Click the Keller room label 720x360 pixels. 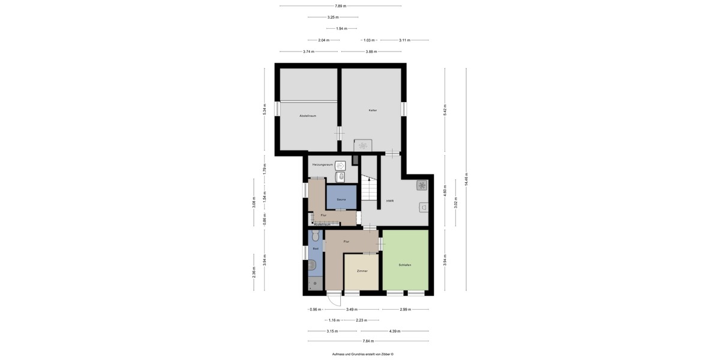tap(373, 110)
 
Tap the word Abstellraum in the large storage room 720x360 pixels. tap(308, 115)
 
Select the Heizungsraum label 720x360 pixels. tap(322, 164)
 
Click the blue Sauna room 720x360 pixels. tap(341, 199)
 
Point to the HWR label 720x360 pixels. tap(389, 201)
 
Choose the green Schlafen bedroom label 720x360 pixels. tap(404, 265)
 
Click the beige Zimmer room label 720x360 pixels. tap(362, 271)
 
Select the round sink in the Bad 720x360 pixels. tap(311, 264)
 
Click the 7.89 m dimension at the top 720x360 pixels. tap(340, 6)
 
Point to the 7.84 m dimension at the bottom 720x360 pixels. tap(368, 341)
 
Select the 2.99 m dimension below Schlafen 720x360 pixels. tap(406, 310)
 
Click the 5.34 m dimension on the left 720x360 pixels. tap(264, 110)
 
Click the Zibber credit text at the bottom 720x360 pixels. tap(362, 354)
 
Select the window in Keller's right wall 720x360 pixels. tap(404, 109)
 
